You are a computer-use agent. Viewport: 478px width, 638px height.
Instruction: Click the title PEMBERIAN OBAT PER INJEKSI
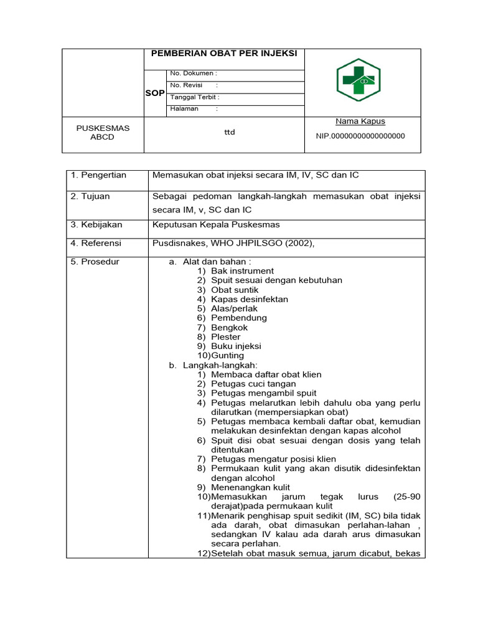point(224,54)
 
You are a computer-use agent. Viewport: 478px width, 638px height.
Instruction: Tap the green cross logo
point(358,80)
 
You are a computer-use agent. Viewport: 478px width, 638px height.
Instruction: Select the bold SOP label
point(154,93)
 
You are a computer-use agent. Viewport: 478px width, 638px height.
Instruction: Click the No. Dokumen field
point(194,74)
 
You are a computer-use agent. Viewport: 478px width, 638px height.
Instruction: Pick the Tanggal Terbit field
point(194,97)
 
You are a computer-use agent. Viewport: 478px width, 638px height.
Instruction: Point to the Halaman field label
point(184,108)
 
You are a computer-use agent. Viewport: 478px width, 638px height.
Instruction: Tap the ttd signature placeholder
point(230,131)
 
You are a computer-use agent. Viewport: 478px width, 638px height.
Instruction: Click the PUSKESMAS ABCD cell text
point(103,132)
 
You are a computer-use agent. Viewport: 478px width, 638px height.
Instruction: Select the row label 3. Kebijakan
point(96,224)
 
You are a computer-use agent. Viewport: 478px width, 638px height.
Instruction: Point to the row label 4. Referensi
point(96,243)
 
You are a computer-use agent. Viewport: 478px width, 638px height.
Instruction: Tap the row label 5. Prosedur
point(95,262)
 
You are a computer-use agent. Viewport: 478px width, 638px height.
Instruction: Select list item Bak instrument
point(242,271)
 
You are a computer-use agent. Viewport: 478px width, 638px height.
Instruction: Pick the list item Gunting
point(227,356)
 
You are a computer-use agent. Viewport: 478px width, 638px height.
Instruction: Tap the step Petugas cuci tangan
point(253,384)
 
